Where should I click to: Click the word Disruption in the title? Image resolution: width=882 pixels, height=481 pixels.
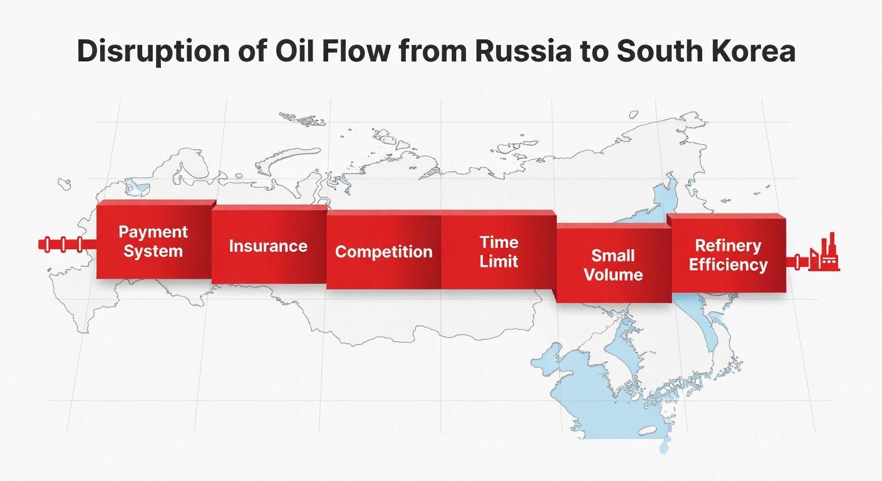coord(153,51)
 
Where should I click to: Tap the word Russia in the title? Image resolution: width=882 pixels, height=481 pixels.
coord(523,51)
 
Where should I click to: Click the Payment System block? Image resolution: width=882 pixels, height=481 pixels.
coord(154,240)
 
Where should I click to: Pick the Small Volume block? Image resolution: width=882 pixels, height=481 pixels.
coord(613,263)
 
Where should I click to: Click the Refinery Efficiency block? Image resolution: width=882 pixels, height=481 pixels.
coord(729,253)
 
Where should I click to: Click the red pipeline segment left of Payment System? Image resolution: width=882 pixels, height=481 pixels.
coord(67,244)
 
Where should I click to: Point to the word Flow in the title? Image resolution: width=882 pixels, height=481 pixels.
coord(356,51)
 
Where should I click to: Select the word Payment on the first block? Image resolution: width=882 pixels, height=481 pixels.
coord(153,232)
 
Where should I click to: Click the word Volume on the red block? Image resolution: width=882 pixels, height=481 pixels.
coord(613,275)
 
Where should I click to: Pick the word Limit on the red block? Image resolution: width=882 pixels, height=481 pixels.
coord(499,261)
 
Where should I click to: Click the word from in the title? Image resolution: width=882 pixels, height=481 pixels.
coord(433,51)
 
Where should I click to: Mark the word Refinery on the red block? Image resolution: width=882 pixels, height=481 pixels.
coord(728,246)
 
